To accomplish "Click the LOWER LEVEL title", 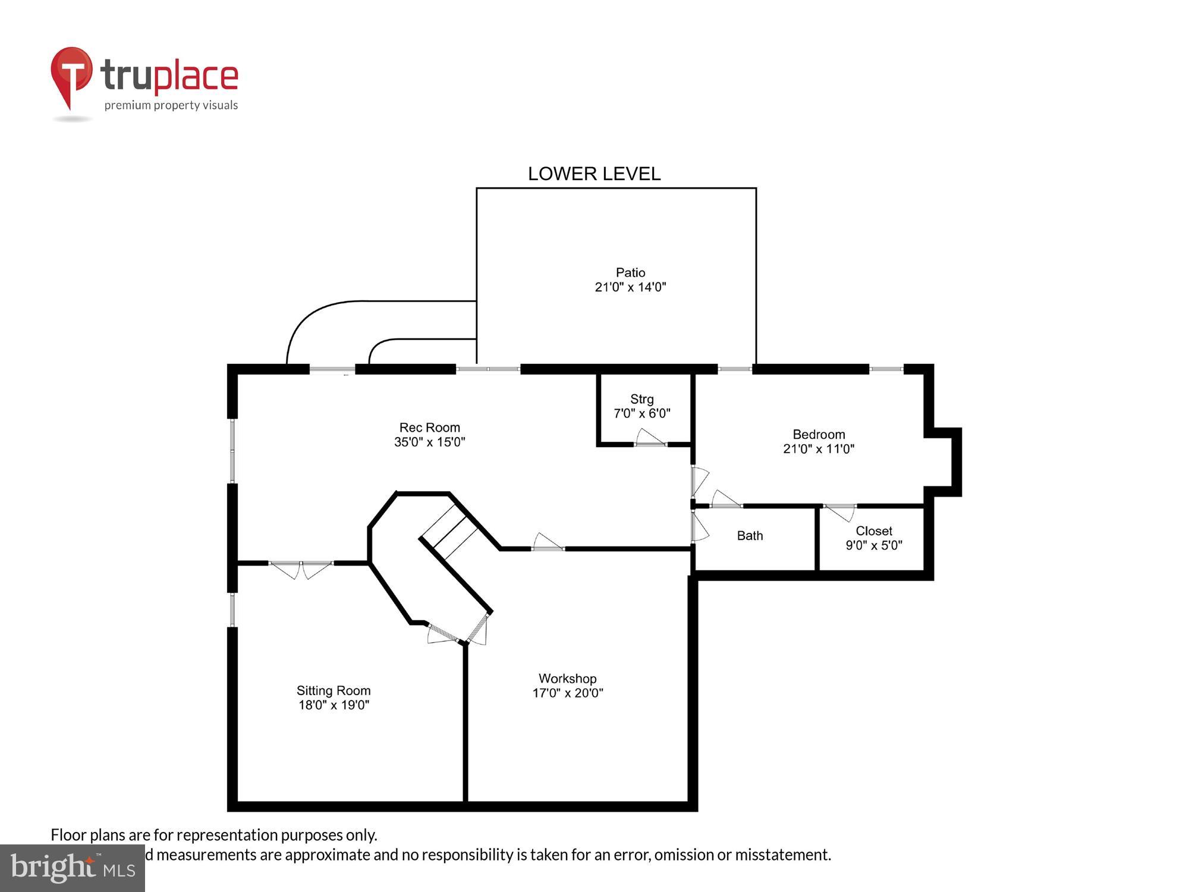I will [594, 174].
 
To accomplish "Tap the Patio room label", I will [630, 272].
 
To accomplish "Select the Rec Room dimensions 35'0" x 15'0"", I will [429, 442].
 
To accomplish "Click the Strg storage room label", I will [641, 399].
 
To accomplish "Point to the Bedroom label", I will [818, 434].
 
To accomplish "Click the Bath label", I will [750, 535].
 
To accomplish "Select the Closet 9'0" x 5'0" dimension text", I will [873, 545].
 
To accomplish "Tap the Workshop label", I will [567, 678].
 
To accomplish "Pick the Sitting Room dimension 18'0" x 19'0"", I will [334, 705].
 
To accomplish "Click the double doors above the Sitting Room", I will [301, 569].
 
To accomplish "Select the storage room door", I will [650, 439].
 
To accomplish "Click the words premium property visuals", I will [171, 106].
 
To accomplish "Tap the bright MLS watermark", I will [73, 868].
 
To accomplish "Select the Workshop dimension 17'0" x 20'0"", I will [567, 693].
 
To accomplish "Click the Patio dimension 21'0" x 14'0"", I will [630, 287].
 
